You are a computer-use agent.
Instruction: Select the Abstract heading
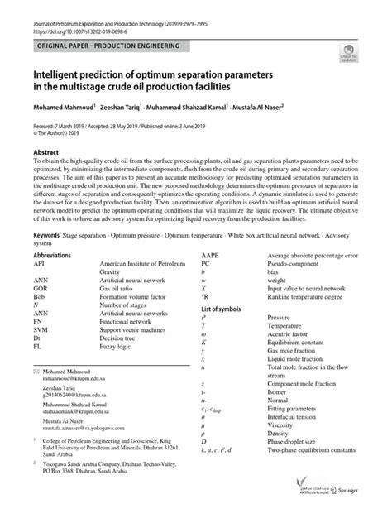coord(46,154)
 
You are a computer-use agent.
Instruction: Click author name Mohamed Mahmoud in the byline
coord(67,108)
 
